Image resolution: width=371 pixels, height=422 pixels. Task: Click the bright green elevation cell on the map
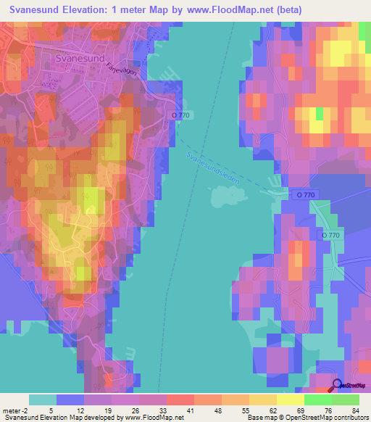coord(320,113)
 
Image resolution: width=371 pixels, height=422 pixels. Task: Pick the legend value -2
coord(25,410)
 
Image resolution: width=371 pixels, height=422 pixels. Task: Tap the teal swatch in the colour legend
coord(42,400)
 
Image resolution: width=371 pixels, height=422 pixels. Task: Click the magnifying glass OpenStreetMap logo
coord(337,386)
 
